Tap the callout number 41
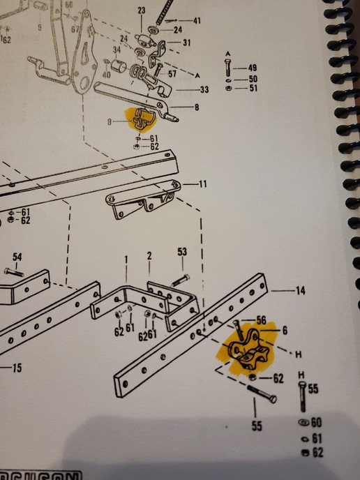coord(196,21)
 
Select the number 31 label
coord(187,43)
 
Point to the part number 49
coord(252,68)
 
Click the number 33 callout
coord(204,90)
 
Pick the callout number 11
coord(203,184)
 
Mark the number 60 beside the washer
coord(316,423)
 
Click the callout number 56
coord(261,320)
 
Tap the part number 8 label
coord(196,107)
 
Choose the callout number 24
coord(177,30)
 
